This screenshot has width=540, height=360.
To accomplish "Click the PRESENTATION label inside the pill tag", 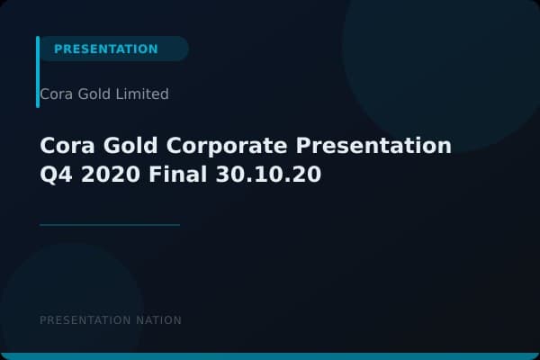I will point(105,49).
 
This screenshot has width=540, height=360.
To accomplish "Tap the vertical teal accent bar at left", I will point(38,72).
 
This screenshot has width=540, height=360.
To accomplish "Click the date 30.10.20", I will point(268,175).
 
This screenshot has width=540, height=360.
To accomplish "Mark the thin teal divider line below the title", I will point(110,225).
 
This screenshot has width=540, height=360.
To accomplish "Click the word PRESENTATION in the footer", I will point(85,320).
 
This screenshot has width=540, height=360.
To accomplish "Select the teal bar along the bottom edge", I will point(270,356).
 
